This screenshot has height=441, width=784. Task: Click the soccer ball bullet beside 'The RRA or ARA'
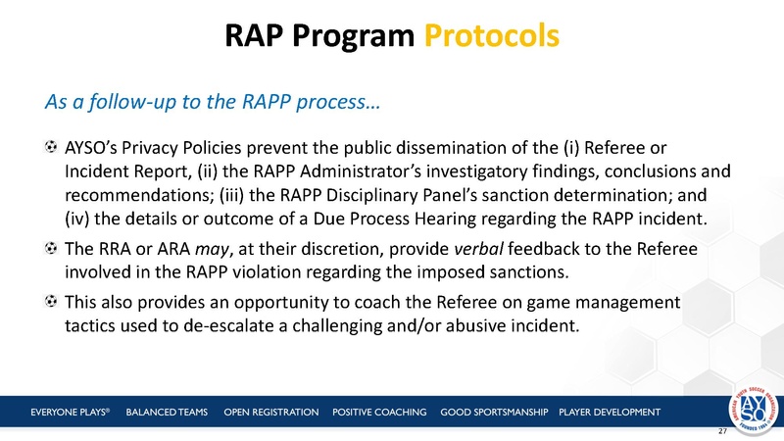pyautogui.click(x=50, y=250)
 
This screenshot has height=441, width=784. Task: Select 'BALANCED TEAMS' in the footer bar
pyautogui.click(x=168, y=411)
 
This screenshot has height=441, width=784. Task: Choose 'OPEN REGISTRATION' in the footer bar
pyautogui.click(x=271, y=411)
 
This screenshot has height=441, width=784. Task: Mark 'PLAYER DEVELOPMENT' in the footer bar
pyautogui.click(x=610, y=411)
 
